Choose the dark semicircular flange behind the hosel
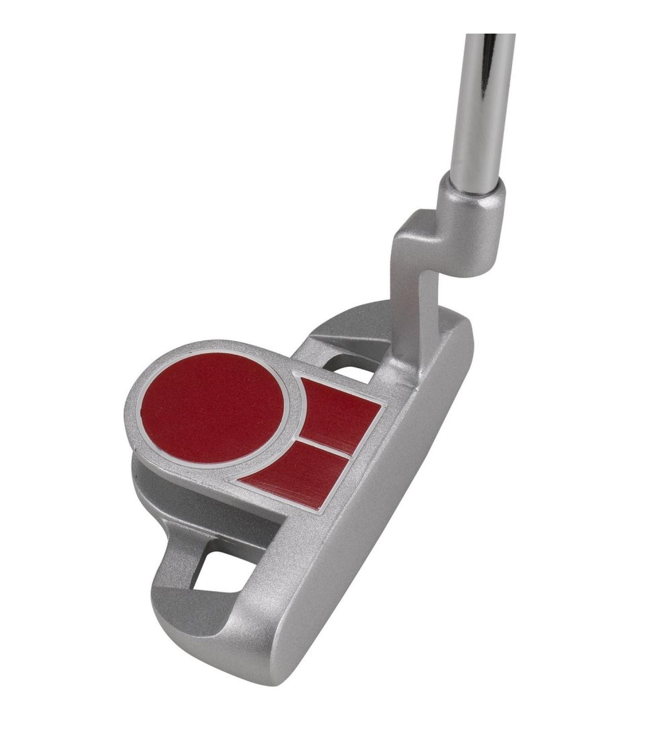[358, 320]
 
